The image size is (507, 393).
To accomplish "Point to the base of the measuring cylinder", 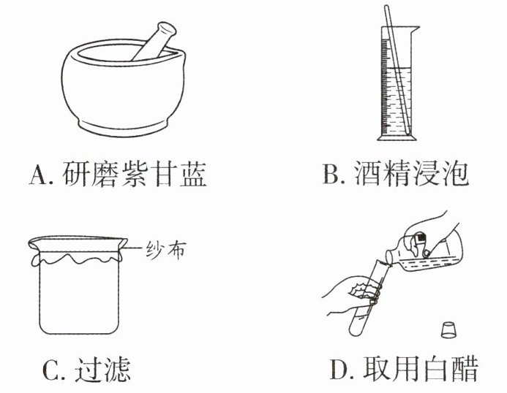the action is click(397, 137).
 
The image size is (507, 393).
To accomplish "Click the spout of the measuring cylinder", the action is click(415, 29).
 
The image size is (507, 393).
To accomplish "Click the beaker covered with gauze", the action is click(79, 286).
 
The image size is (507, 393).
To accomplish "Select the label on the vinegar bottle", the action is click(421, 239).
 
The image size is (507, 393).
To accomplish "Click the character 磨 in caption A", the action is click(104, 174).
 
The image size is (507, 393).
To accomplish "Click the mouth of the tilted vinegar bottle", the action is click(389, 257).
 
